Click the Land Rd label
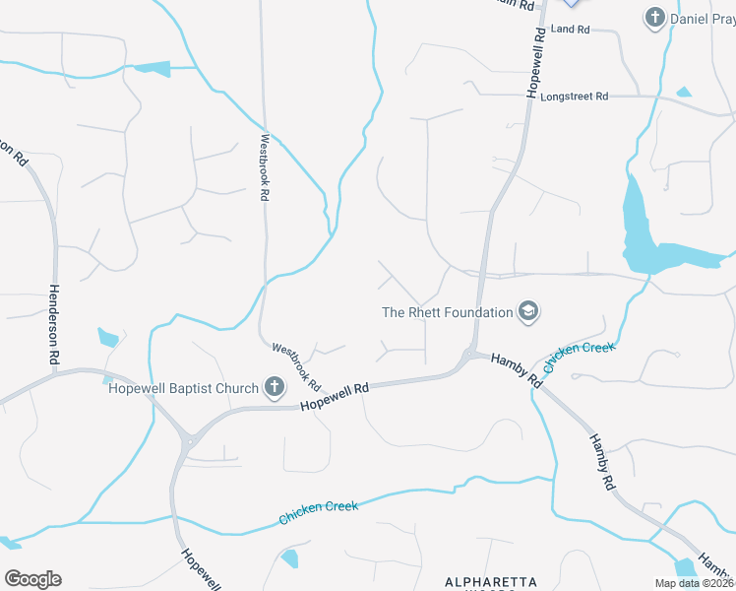pyautogui.click(x=570, y=30)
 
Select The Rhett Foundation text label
pyautogui.click(x=448, y=312)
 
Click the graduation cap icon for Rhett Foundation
pyautogui.click(x=528, y=312)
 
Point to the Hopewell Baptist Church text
pyautogui.click(x=183, y=387)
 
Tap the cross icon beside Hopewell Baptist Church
pyautogui.click(x=274, y=387)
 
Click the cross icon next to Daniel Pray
pyautogui.click(x=654, y=17)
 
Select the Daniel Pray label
pyautogui.click(x=703, y=19)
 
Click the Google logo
pyautogui.click(x=32, y=579)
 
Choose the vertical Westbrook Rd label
pyautogui.click(x=265, y=167)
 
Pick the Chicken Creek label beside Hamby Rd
pyautogui.click(x=580, y=358)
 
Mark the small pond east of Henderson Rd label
pyautogui.click(x=108, y=338)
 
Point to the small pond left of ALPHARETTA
pyautogui.click(x=289, y=559)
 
